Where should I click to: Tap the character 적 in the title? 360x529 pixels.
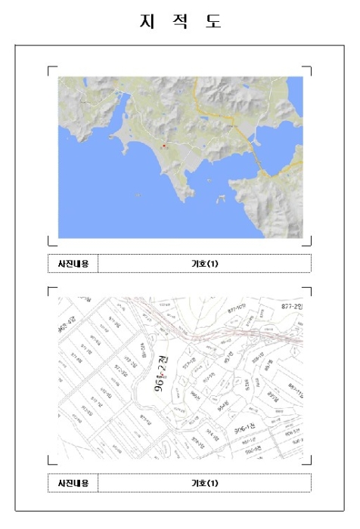coord(180,21)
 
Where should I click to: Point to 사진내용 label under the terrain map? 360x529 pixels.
coord(73,264)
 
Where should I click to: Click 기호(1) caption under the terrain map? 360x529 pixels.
coord(204,264)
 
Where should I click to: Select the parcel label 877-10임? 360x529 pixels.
coord(237,310)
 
